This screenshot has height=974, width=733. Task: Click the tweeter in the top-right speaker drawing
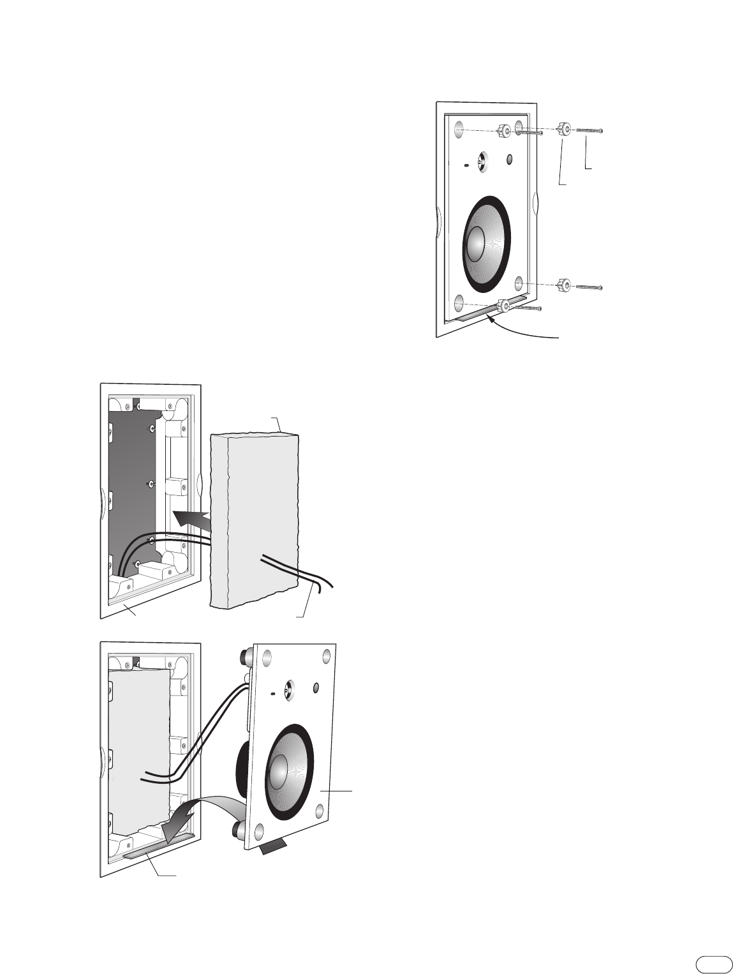(x=483, y=160)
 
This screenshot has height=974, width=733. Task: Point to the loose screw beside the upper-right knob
(x=589, y=130)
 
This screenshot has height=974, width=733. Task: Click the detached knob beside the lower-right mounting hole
(x=563, y=285)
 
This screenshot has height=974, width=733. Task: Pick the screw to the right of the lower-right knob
(x=589, y=287)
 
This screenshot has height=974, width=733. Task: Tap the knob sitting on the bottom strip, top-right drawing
(x=504, y=306)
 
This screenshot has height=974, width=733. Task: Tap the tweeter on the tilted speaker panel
(x=288, y=689)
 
